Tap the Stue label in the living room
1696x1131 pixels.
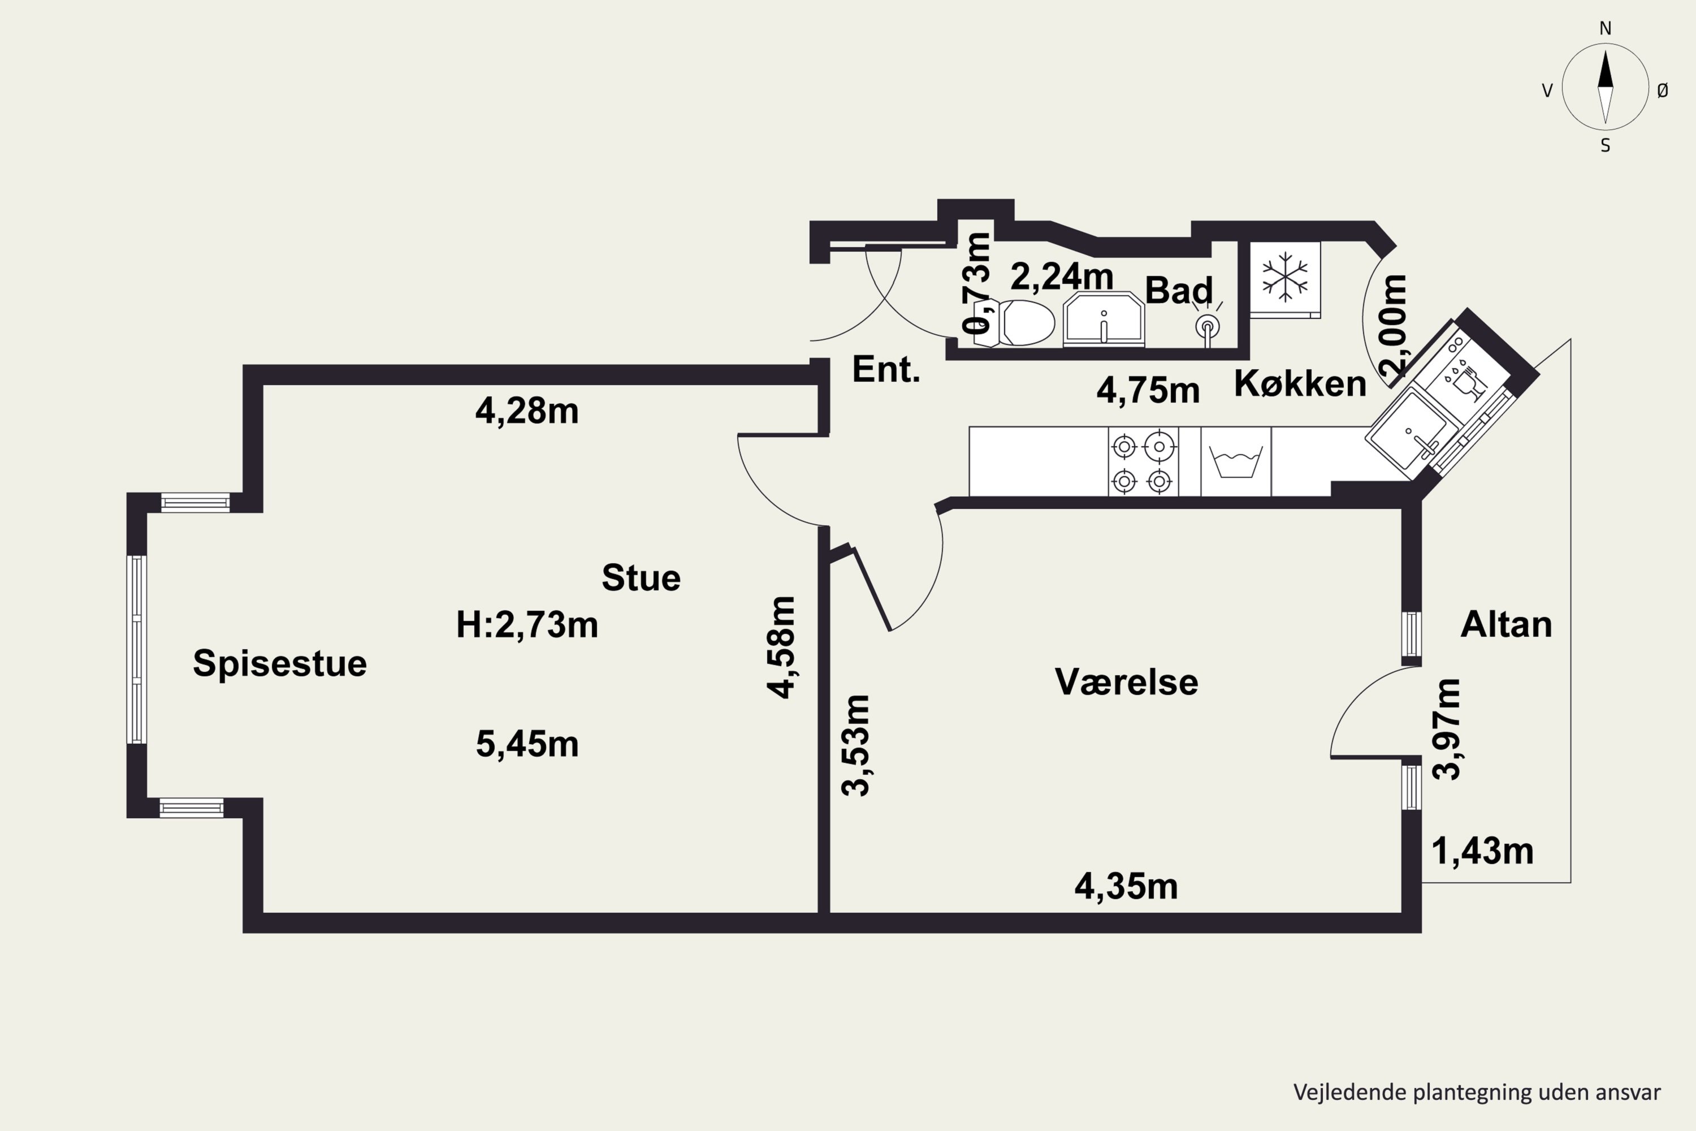pyautogui.click(x=641, y=578)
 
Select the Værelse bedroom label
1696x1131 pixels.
pyautogui.click(x=1126, y=681)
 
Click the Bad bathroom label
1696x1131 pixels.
pyautogui.click(x=1179, y=290)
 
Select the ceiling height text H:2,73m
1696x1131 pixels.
pyautogui.click(x=527, y=625)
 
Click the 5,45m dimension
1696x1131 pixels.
pyautogui.click(x=527, y=744)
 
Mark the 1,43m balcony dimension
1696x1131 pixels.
pyautogui.click(x=1482, y=851)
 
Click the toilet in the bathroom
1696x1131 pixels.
pyautogui.click(x=1013, y=322)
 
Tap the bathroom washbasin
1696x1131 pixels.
pyautogui.click(x=1104, y=319)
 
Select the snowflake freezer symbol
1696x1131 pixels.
pyautogui.click(x=1284, y=277)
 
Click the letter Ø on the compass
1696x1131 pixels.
pyautogui.click(x=1663, y=90)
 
